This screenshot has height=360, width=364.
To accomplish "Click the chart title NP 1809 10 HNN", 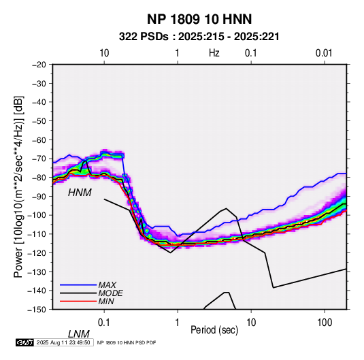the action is point(199,19).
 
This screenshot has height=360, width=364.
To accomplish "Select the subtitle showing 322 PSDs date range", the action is point(199,37).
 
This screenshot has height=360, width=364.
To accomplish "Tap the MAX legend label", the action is point(107,284).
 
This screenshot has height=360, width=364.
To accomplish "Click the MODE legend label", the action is point(110,293).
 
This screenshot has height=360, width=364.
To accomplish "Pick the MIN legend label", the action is point(106,301).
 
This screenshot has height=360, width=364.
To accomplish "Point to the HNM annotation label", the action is point(80,193).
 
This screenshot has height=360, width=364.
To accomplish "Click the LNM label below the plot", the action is point(78,334).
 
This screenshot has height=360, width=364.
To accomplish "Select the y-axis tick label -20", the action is point(39,65).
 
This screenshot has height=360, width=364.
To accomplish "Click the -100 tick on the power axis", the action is point(37,215).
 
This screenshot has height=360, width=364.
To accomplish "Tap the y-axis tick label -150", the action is point(37,310).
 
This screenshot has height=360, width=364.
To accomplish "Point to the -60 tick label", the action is point(39,140).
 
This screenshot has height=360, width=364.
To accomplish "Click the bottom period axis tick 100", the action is point(325,323).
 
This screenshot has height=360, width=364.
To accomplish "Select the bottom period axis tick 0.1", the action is point(104,323).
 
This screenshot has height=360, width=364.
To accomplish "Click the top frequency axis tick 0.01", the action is point(324,53).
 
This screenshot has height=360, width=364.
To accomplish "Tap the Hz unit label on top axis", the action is point(214,53).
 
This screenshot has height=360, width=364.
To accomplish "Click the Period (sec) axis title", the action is point(214,330).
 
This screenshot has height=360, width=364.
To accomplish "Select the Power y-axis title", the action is point(18,187).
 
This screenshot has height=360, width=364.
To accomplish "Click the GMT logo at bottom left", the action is point(24,342).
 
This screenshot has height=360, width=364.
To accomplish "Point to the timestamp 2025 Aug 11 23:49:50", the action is point(63,342).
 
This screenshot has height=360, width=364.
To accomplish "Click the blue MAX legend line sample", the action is point(78,285).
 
